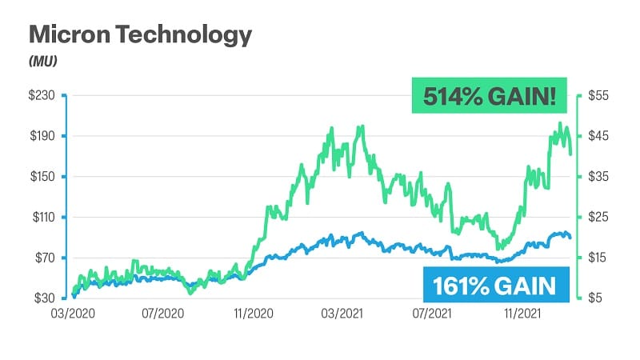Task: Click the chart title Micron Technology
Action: [x=141, y=35]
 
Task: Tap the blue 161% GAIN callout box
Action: [x=495, y=285]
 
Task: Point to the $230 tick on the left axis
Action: [x=42, y=95]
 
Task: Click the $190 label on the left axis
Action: [x=42, y=136]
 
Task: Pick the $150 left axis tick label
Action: [x=42, y=177]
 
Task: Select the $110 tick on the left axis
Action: [x=42, y=217]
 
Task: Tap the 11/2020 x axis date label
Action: [x=255, y=314]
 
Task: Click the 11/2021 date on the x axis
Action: [x=523, y=314]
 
